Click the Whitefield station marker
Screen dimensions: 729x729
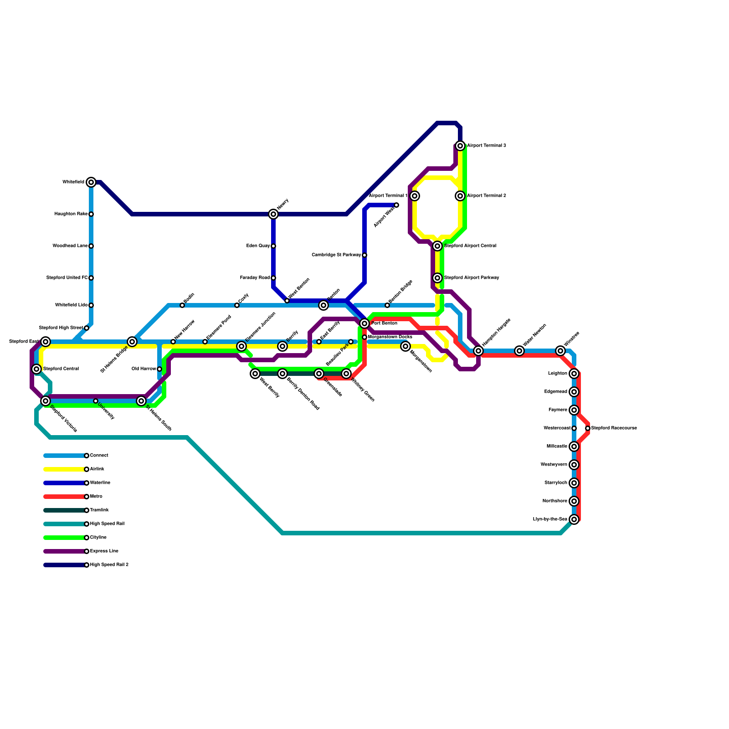pyautogui.click(x=91, y=182)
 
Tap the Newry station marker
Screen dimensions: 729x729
pyautogui.click(x=273, y=214)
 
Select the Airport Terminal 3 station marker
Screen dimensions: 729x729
pyautogui.click(x=460, y=146)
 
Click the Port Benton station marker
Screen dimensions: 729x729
pyautogui.click(x=364, y=323)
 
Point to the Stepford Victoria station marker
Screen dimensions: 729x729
pyautogui.click(x=46, y=401)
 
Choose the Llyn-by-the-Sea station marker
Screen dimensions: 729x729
pyautogui.click(x=574, y=519)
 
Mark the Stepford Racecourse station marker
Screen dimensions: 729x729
pyautogui.click(x=588, y=428)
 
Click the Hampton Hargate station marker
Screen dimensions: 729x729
pyautogui.click(x=478, y=351)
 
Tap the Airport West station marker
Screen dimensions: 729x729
pyautogui.click(x=396, y=205)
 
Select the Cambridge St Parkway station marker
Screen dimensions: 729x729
pyautogui.click(x=364, y=255)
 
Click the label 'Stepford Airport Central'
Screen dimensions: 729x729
pyautogui.click(x=470, y=246)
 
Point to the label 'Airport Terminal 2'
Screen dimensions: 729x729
pyautogui.click(x=487, y=196)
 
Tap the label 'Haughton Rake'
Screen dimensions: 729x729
pyautogui.click(x=71, y=214)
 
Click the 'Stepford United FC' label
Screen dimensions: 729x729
pyautogui.click(x=67, y=278)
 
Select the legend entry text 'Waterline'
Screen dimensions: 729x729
pyautogui.click(x=100, y=483)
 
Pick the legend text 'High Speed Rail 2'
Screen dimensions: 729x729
pyautogui.click(x=109, y=565)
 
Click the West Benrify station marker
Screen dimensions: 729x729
pyautogui.click(x=255, y=374)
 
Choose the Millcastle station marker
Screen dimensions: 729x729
pyautogui.click(x=574, y=447)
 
